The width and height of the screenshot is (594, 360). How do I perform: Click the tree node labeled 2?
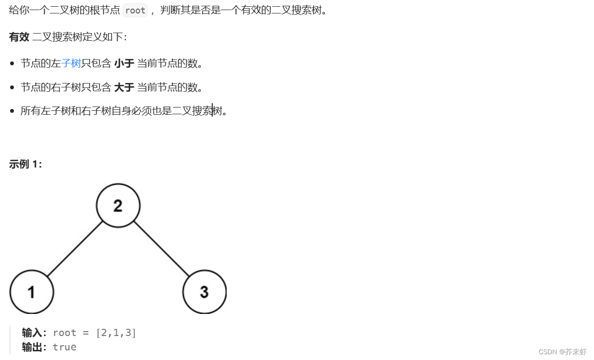[x=118, y=205]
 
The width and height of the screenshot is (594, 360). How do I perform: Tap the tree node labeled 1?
[x=32, y=292]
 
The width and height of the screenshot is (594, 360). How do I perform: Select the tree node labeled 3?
[x=205, y=292]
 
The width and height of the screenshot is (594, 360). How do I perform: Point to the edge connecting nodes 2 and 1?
[x=75, y=249]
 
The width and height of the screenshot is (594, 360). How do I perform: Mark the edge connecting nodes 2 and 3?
[x=161, y=249]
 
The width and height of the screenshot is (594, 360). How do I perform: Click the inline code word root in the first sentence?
[x=135, y=11]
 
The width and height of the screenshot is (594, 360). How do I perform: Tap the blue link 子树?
[x=71, y=63]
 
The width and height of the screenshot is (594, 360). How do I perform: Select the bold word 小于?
[x=124, y=63]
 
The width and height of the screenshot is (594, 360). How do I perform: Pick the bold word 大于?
[x=124, y=87]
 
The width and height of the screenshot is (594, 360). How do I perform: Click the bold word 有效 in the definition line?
[x=19, y=37]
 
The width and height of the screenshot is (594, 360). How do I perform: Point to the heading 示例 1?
[x=25, y=164]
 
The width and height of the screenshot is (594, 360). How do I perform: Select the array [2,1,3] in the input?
[x=116, y=333]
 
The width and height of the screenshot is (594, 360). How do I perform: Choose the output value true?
[x=65, y=347]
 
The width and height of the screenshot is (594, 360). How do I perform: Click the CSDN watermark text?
[x=562, y=352]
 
